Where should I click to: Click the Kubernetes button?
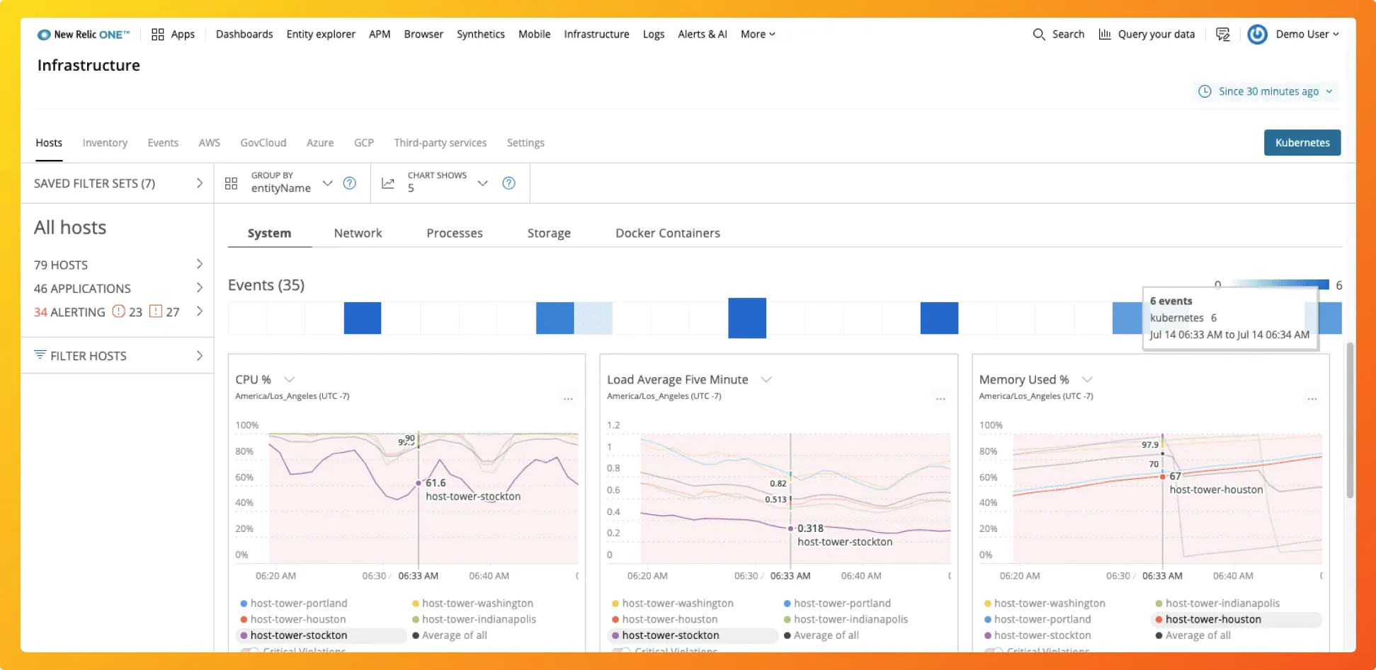pyautogui.click(x=1302, y=142)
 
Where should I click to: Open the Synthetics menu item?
pyautogui.click(x=480, y=34)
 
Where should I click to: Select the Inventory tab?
pyautogui.click(x=105, y=142)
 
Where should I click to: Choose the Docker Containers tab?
pyautogui.click(x=667, y=233)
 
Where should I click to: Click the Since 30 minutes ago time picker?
pyautogui.click(x=1267, y=91)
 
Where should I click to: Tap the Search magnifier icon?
pyautogui.click(x=1038, y=34)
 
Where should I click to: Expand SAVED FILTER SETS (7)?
pyautogui.click(x=118, y=183)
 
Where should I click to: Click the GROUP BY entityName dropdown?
pyautogui.click(x=290, y=183)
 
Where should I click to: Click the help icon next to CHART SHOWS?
pyautogui.click(x=508, y=183)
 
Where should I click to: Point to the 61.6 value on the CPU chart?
pyautogui.click(x=436, y=483)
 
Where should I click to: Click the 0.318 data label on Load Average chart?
pyautogui.click(x=810, y=529)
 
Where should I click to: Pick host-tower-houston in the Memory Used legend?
pyautogui.click(x=1212, y=619)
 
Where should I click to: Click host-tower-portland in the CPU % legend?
pyautogui.click(x=298, y=603)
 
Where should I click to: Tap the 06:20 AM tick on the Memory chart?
pyautogui.click(x=1019, y=576)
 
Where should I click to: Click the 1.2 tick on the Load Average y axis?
pyautogui.click(x=613, y=425)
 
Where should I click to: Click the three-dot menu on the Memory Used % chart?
pyautogui.click(x=1312, y=399)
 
